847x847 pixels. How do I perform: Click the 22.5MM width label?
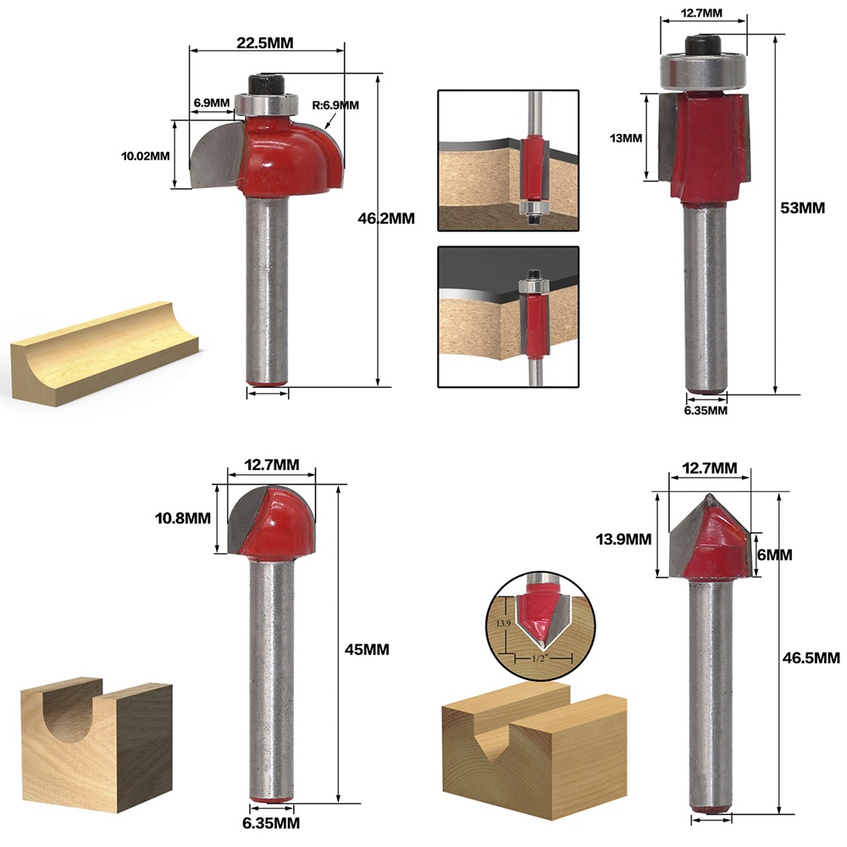pyautogui.click(x=264, y=42)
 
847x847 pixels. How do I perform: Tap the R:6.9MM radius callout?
pyautogui.click(x=335, y=105)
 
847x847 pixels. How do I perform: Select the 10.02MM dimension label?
pyautogui.click(x=146, y=156)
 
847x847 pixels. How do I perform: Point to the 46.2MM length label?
pyautogui.click(x=386, y=219)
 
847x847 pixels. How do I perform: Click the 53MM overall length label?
pyautogui.click(x=803, y=208)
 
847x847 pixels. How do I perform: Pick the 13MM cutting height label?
pyautogui.click(x=626, y=138)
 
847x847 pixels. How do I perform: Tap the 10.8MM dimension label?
pyautogui.click(x=183, y=518)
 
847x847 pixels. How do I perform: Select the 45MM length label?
pyautogui.click(x=367, y=650)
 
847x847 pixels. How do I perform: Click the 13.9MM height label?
pyautogui.click(x=623, y=539)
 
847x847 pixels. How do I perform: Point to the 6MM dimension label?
pyautogui.click(x=775, y=555)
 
